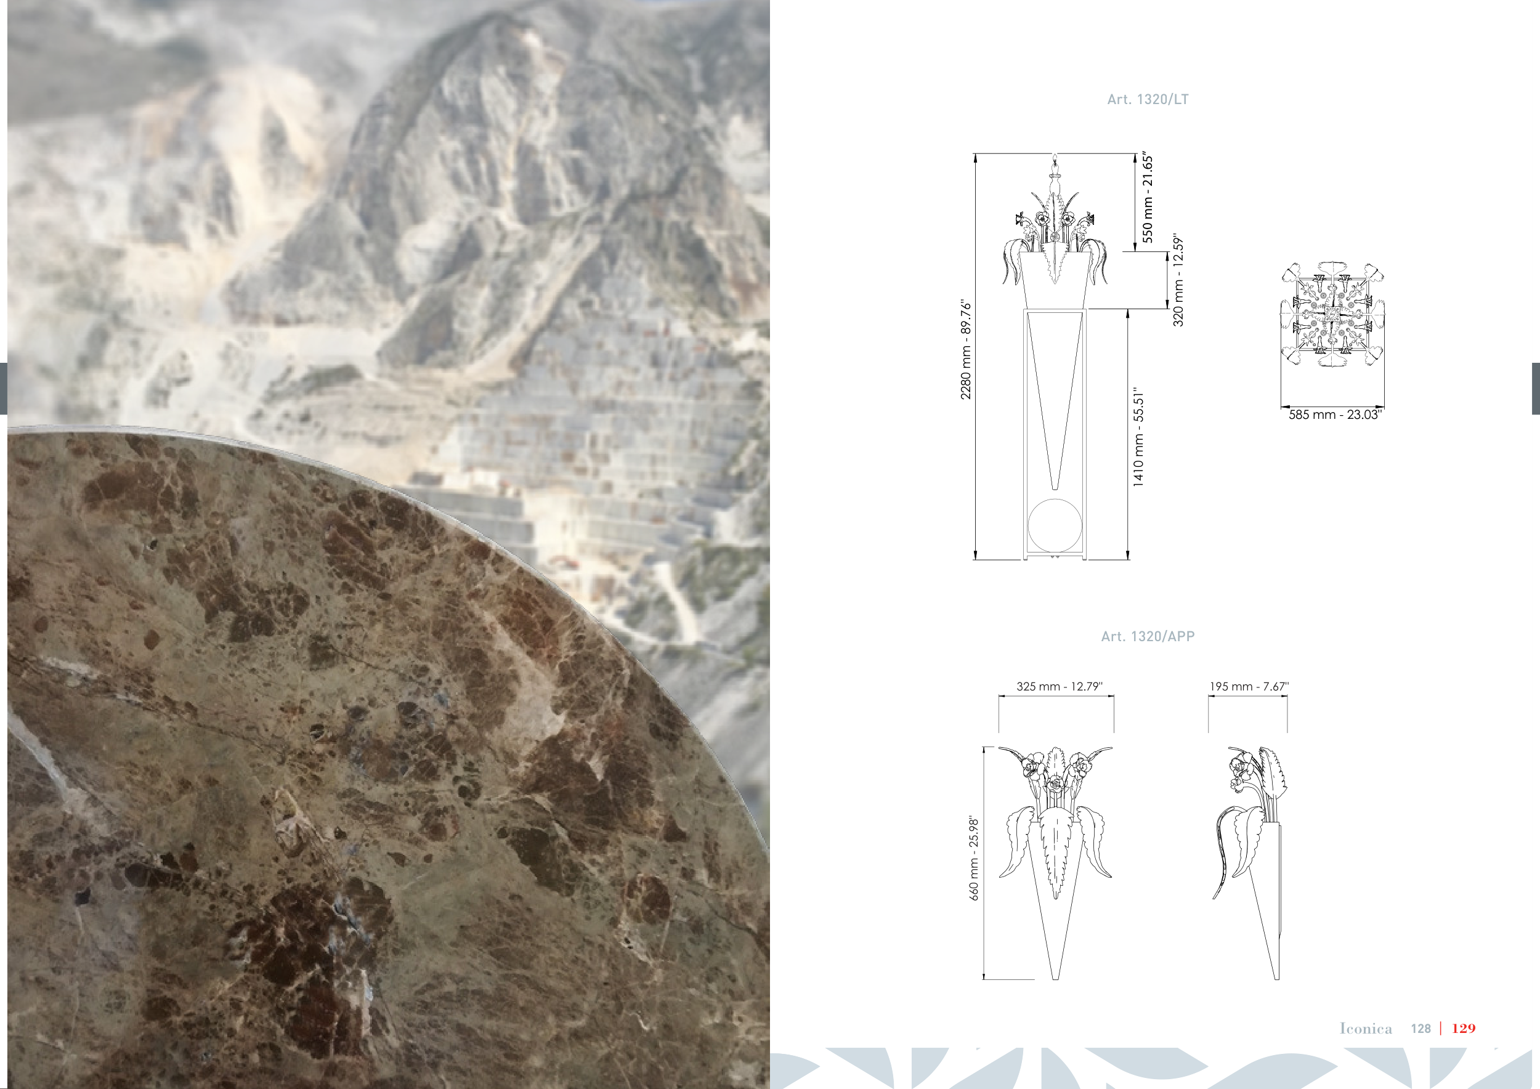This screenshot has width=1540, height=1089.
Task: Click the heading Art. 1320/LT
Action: [1148, 99]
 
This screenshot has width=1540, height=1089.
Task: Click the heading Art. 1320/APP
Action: [1148, 636]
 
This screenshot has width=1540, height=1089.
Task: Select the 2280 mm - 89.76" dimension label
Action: [966, 349]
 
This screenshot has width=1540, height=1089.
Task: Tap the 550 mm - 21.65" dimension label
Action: [1148, 197]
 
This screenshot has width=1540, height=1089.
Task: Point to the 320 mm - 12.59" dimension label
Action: [1178, 280]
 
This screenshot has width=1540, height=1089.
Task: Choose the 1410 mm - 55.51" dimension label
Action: [1138, 437]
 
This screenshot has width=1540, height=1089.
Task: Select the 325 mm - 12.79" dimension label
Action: [1059, 686]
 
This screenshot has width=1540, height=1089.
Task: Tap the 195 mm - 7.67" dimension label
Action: [1249, 686]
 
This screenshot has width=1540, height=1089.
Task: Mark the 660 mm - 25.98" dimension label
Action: [974, 857]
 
